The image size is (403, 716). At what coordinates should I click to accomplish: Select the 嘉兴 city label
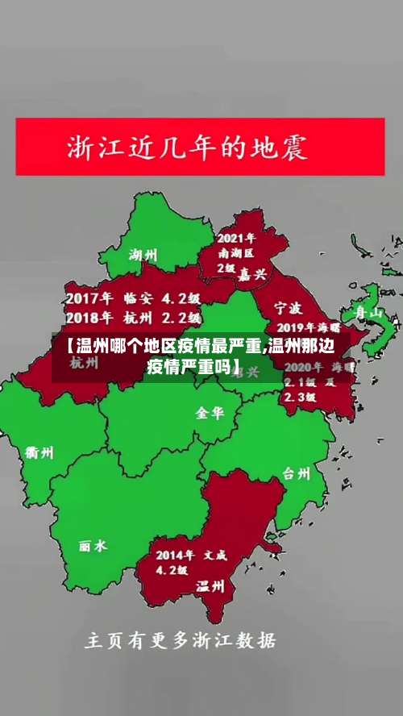[x=251, y=274]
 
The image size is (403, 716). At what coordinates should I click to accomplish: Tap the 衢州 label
[x=39, y=452]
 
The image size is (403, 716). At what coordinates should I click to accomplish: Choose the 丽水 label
[x=93, y=546]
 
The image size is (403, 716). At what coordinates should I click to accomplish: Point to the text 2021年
[x=236, y=238]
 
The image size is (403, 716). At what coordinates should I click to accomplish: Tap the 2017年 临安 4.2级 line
[x=133, y=298]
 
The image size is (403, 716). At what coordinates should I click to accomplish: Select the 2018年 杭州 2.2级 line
[x=133, y=317]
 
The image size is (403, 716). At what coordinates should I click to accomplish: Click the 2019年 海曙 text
[x=308, y=328]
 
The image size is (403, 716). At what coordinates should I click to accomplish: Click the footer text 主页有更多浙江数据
[x=181, y=642]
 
